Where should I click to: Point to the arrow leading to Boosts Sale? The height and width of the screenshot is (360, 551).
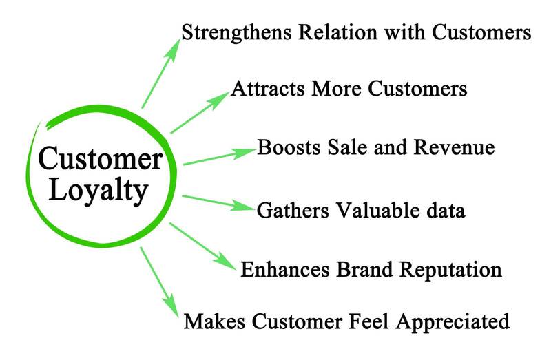(x=219, y=156)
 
